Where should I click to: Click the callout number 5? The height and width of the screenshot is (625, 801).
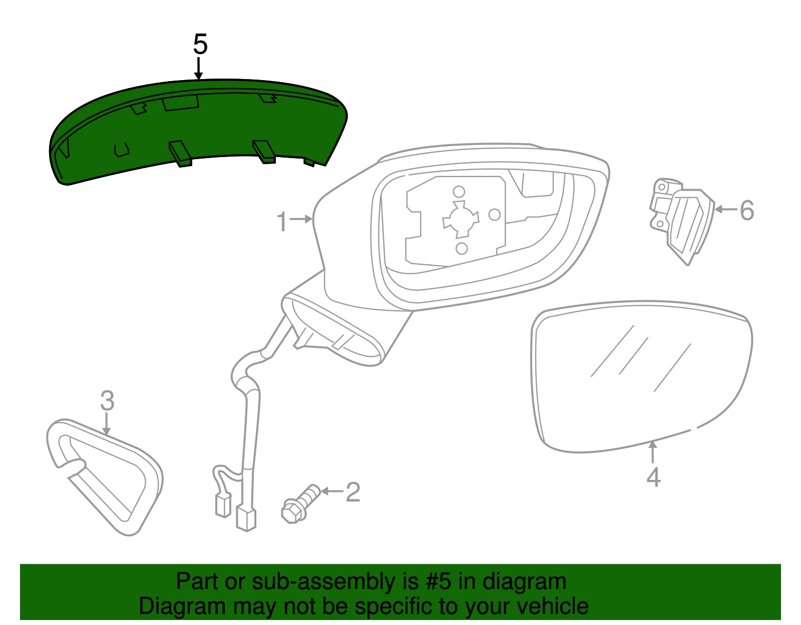[200, 44]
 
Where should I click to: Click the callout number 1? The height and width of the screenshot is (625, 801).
[282, 222]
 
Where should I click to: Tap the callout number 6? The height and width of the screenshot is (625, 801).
[747, 210]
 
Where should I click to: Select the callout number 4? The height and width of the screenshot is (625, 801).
[653, 477]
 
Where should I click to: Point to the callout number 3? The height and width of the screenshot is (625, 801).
[107, 401]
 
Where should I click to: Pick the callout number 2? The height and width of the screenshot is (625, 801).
[353, 492]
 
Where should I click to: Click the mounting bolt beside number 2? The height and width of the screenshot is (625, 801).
[300, 504]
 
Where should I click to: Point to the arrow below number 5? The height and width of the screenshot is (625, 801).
[199, 68]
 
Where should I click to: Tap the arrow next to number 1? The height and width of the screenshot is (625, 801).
[301, 220]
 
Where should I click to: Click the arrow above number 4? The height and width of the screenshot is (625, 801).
[653, 452]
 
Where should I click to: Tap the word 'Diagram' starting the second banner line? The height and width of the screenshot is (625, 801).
[182, 606]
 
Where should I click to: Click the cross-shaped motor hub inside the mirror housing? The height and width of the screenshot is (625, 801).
[461, 220]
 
